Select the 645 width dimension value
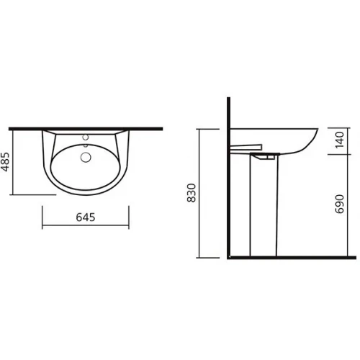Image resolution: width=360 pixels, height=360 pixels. click(86, 217)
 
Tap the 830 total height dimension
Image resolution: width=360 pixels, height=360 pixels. click(191, 192)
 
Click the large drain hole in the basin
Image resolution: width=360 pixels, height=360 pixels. click(86, 156)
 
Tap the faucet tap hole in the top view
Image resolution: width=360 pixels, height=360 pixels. click(86, 136)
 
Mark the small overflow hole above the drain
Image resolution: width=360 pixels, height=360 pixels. click(86, 146)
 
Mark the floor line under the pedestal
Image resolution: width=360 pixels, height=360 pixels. click(302, 256)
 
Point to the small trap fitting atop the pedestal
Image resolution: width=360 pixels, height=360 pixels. click(266, 155)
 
